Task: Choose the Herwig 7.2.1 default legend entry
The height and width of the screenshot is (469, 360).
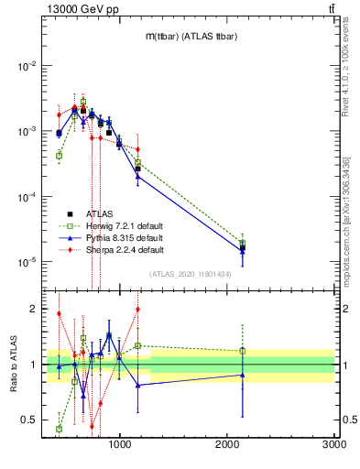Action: tap(125, 225)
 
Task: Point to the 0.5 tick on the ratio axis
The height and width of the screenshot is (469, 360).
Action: tap(28, 420)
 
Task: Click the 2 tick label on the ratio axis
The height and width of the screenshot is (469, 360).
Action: tap(33, 309)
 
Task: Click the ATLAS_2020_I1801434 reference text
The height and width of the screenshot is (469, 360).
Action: tap(190, 274)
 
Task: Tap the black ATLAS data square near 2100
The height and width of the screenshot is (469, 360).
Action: tap(243, 247)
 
